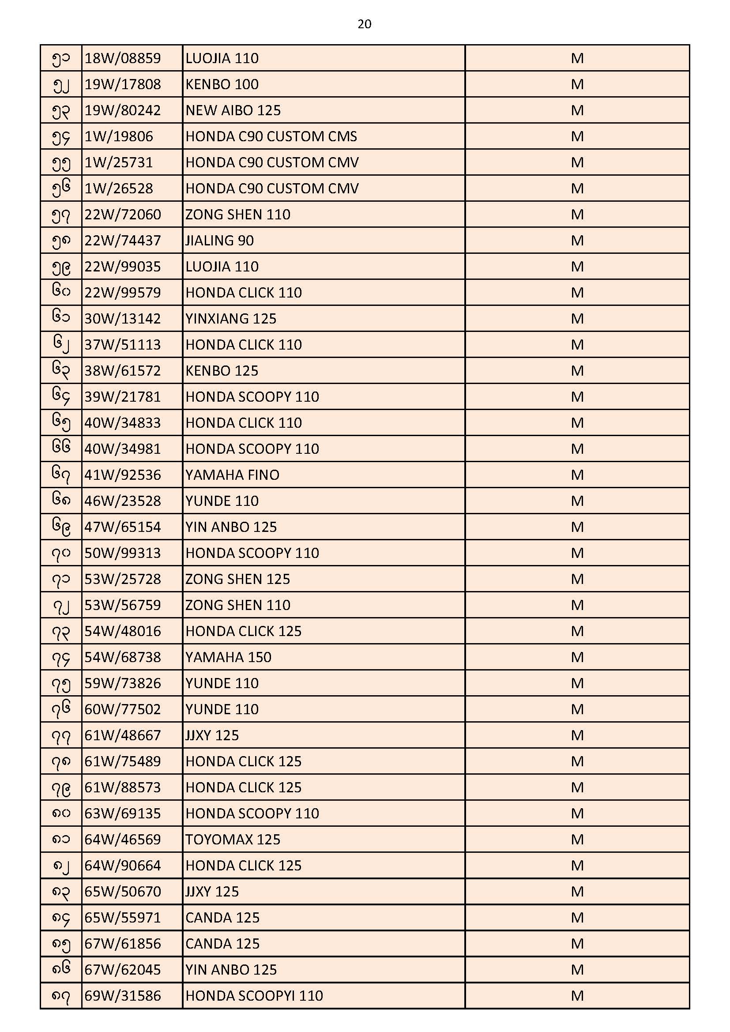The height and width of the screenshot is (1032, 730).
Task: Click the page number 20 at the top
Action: coord(364,24)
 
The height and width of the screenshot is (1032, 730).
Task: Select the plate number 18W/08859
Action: coord(123,58)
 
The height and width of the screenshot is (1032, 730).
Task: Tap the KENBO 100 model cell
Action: coord(222,84)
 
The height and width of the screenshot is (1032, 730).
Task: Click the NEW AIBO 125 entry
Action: coord(233,110)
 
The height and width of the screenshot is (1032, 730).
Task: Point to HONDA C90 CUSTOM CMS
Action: coord(271,137)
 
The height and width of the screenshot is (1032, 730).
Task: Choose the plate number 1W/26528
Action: coord(119,188)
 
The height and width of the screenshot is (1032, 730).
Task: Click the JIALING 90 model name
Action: coord(219,241)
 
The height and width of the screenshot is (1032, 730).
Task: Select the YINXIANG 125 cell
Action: coord(230,319)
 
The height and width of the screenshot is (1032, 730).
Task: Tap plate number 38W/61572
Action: coord(123,371)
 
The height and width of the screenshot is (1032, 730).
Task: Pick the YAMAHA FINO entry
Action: coord(233,475)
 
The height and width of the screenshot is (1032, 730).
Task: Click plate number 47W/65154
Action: coord(123,527)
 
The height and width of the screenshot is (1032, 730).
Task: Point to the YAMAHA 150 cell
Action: coord(228,657)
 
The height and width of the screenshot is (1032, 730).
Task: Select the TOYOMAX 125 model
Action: coord(233,840)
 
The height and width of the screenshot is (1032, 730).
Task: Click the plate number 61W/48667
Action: coord(123,735)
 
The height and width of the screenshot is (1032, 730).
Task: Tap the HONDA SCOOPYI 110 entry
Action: coord(254,996)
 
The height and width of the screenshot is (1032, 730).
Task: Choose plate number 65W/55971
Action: coord(123,917)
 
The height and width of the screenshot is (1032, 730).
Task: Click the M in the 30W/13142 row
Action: coord(577,319)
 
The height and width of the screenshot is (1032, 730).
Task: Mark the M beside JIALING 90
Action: coord(577,241)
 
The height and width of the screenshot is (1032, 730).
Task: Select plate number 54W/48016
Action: coord(123,631)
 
